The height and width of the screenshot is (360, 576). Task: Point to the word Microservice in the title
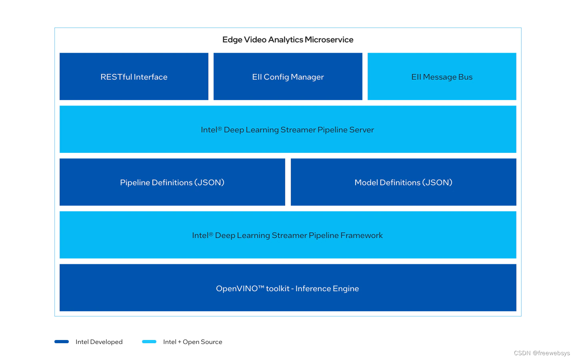(x=329, y=40)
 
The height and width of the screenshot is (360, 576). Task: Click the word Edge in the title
(x=232, y=40)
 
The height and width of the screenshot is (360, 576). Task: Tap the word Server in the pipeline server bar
(x=362, y=130)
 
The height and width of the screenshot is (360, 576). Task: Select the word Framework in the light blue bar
(x=362, y=235)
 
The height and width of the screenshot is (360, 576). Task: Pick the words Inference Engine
(x=327, y=288)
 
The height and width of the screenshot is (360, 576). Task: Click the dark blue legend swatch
(x=62, y=342)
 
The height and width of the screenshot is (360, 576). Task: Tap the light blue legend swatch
(x=149, y=342)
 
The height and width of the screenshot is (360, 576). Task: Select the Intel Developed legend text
(x=99, y=342)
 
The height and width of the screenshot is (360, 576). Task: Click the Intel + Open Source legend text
(x=192, y=342)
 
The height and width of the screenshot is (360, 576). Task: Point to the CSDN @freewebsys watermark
(x=542, y=353)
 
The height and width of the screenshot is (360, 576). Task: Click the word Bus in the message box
(x=465, y=77)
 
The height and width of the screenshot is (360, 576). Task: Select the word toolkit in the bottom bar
(x=278, y=288)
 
